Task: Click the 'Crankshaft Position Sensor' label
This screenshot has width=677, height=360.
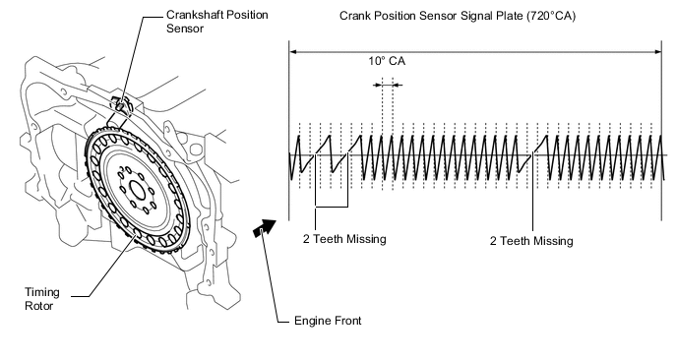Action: click(217, 22)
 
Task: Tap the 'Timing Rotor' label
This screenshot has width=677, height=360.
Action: click(42, 299)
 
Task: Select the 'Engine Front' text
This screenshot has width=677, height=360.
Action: click(328, 321)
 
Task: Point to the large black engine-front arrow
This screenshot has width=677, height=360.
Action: click(265, 227)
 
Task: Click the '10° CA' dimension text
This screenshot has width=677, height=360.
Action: click(387, 61)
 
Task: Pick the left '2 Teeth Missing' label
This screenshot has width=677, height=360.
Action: click(344, 239)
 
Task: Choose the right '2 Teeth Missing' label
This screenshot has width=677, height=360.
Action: click(531, 240)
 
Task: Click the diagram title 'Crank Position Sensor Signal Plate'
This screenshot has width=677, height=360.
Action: click(431, 16)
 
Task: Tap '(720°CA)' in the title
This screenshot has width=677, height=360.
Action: click(551, 16)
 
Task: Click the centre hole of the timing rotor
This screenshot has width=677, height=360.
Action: click(138, 190)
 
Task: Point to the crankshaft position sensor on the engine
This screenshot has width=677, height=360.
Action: click(121, 105)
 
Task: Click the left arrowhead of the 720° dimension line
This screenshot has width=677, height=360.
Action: click(293, 52)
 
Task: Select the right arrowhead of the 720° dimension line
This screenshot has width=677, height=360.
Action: click(657, 52)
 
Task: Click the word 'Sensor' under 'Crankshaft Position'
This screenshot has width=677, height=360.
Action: click(185, 29)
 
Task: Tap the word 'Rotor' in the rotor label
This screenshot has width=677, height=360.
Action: click(38, 306)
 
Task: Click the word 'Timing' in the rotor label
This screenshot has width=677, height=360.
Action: click(42, 293)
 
